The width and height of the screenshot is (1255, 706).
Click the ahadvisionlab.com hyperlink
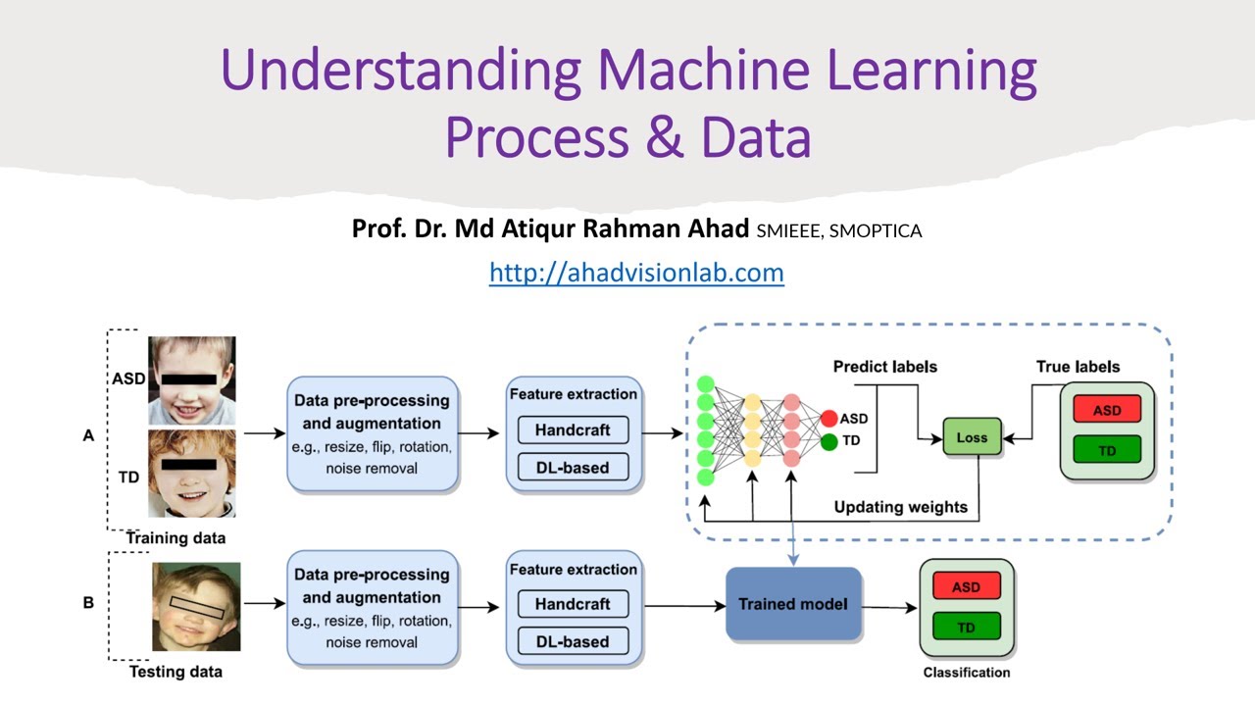tap(636, 272)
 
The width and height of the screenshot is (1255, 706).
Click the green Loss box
tap(972, 437)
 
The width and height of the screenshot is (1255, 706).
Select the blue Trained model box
tap(793, 604)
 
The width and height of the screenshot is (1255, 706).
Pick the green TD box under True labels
tap(1107, 451)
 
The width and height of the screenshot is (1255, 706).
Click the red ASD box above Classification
tap(966, 587)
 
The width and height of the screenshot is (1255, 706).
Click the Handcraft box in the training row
tap(573, 429)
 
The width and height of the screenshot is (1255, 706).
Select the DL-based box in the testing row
tap(573, 641)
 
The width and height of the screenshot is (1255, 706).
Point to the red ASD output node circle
tap(829, 419)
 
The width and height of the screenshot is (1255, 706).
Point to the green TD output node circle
tap(829, 441)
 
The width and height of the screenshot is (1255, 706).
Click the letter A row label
tap(88, 435)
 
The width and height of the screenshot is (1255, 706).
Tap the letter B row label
tap(88, 603)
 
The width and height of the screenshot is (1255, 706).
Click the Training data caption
tap(176, 538)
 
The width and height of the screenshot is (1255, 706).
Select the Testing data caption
tap(176, 672)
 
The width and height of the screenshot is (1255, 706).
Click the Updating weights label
tap(900, 507)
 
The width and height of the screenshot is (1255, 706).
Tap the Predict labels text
tap(884, 367)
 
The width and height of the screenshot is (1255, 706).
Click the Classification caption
tap(966, 673)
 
